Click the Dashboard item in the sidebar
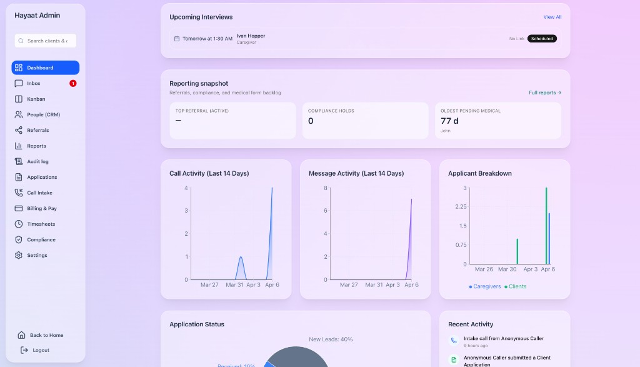pyautogui.click(x=45, y=68)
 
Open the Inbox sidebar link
pyautogui.click(x=34, y=83)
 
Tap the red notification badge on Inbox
pyautogui.click(x=73, y=83)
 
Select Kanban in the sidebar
pyautogui.click(x=36, y=99)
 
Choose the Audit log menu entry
pyautogui.click(x=37, y=161)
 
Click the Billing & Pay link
pyautogui.click(x=41, y=208)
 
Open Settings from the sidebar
pyautogui.click(x=37, y=255)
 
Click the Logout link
pyautogui.click(x=41, y=350)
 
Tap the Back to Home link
pyautogui.click(x=46, y=335)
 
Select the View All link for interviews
pyautogui.click(x=552, y=17)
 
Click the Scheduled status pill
pyautogui.click(x=542, y=39)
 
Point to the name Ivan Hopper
pyautogui.click(x=251, y=36)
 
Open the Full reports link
pyautogui.click(x=545, y=93)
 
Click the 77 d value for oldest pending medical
pyautogui.click(x=449, y=121)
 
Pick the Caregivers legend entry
pyautogui.click(x=485, y=286)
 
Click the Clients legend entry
pyautogui.click(x=516, y=286)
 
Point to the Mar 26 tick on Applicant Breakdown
pyautogui.click(x=484, y=269)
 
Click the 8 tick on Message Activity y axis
pyautogui.click(x=325, y=188)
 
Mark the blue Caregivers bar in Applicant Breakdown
pyautogui.click(x=549, y=238)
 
